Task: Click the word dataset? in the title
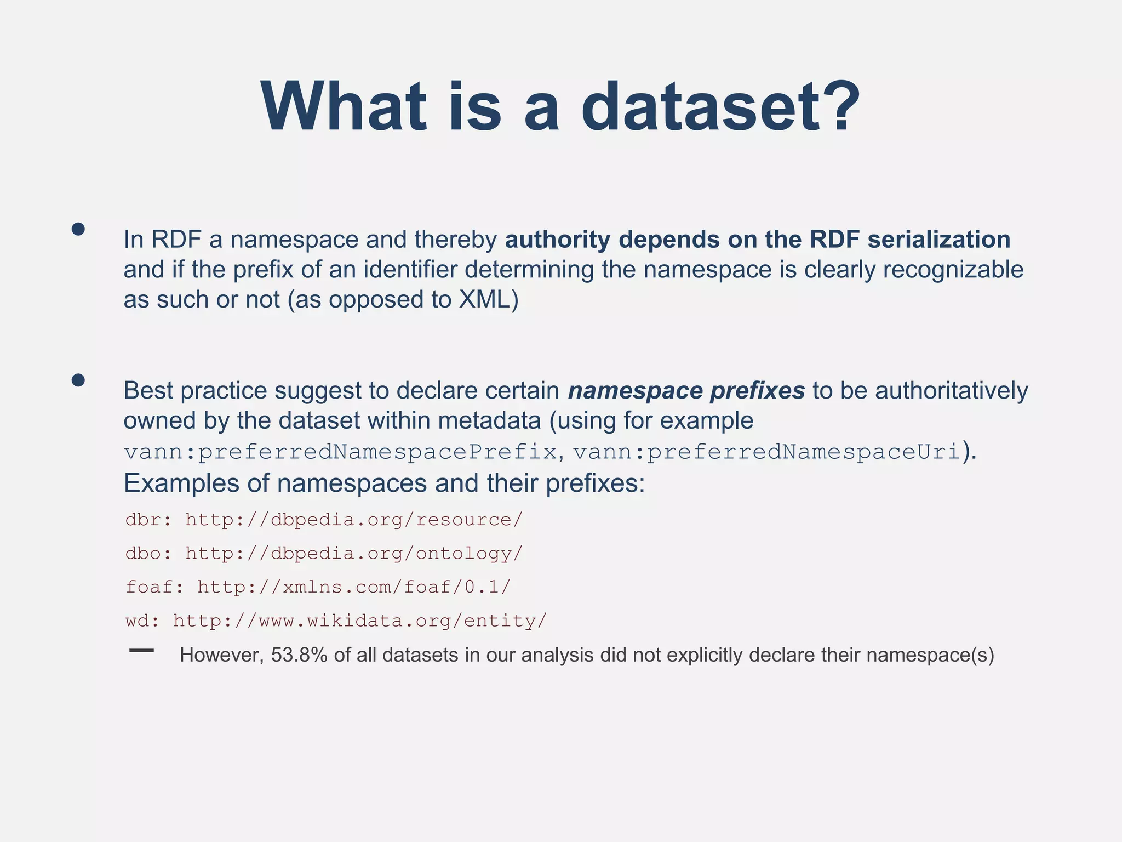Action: pyautogui.click(x=721, y=106)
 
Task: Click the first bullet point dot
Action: pyautogui.click(x=78, y=229)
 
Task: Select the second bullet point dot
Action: pyautogui.click(x=78, y=380)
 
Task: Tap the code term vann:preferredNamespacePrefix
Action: pyautogui.click(x=340, y=452)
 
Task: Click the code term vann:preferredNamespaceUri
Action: pyautogui.click(x=767, y=452)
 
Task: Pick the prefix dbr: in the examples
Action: pyautogui.click(x=148, y=520)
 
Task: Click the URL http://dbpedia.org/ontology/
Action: pyautogui.click(x=354, y=554)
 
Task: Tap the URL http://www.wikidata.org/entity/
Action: pyautogui.click(x=360, y=621)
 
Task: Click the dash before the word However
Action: pyautogui.click(x=141, y=651)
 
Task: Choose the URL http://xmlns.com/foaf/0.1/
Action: pyautogui.click(x=354, y=587)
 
